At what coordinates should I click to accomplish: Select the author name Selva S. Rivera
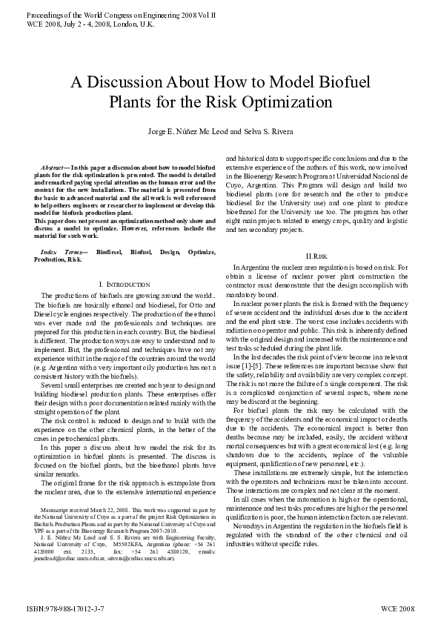(282, 132)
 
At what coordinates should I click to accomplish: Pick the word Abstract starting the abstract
(55, 170)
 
